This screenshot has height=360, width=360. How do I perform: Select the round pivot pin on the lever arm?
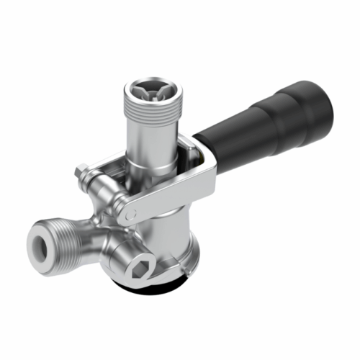click(127, 214)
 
